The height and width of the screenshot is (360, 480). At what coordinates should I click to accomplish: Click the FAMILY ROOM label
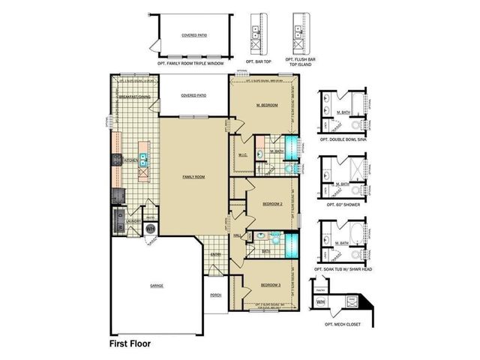(x=194, y=177)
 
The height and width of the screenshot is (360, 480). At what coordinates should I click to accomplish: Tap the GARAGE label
(x=156, y=286)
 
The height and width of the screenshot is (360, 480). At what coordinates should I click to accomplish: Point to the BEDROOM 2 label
(x=271, y=204)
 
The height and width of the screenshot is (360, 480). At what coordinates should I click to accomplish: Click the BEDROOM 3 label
(x=270, y=286)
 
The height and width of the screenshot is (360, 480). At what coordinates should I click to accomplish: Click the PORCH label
(x=216, y=295)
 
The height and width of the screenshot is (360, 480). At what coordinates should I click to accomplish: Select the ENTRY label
(x=215, y=254)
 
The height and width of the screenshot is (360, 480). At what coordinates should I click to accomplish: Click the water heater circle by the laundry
(x=150, y=228)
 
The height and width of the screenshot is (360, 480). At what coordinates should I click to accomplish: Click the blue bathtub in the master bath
(x=291, y=147)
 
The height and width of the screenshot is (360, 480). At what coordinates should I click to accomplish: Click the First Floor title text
(x=130, y=343)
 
